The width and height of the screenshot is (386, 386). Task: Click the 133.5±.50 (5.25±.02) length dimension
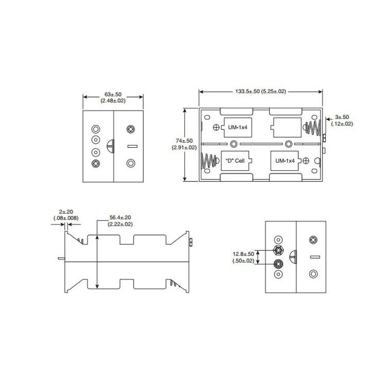[x=261, y=91]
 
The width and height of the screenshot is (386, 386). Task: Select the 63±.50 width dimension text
[x=113, y=95]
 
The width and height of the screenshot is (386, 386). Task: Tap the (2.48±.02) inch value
[x=113, y=101]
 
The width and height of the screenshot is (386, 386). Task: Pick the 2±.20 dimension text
[x=66, y=212]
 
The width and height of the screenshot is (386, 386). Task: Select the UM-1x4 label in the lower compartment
[x=285, y=160]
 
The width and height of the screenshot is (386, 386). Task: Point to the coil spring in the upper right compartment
[x=312, y=127]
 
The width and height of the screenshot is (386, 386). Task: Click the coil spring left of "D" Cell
[x=208, y=161]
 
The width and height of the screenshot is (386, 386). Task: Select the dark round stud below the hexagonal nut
[x=278, y=263]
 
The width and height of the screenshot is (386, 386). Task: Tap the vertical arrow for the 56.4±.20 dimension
[x=98, y=261]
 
